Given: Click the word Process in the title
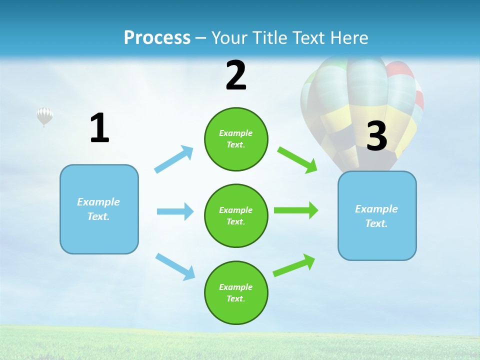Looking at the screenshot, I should (157, 37).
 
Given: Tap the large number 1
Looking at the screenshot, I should (99, 128).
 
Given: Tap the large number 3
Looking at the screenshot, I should (376, 136).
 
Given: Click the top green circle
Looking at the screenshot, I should (236, 139).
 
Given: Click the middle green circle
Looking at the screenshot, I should (236, 215).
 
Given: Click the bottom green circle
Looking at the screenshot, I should (236, 292).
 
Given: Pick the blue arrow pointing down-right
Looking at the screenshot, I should (175, 266).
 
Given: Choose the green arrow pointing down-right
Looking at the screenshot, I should (297, 159).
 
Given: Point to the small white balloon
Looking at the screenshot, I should (44, 116).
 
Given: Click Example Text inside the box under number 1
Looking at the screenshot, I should (98, 209).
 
